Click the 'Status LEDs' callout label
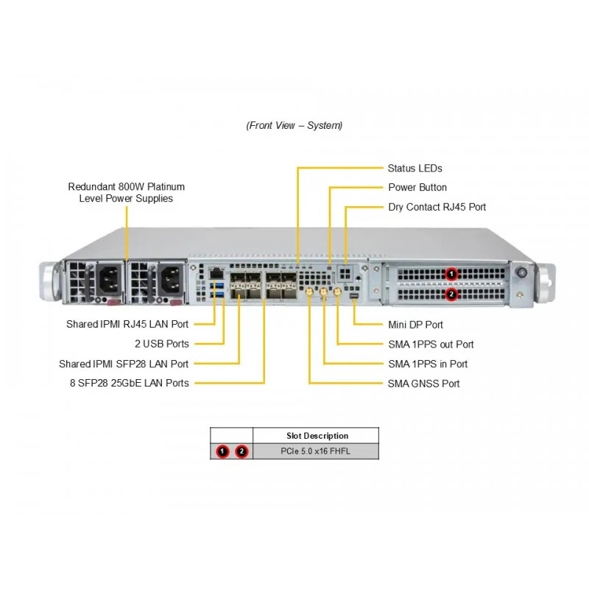(415, 169)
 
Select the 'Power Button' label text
(417, 187)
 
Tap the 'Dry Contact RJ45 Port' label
(437, 207)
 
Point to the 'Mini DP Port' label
(415, 325)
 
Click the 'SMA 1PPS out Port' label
(431, 344)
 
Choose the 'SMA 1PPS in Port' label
(428, 364)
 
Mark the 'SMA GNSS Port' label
(424, 384)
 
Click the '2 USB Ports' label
(162, 344)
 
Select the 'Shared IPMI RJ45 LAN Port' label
(127, 324)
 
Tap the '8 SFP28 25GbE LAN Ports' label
(130, 383)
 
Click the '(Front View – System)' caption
(294, 125)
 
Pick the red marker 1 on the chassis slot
(451, 274)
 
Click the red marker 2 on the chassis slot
(451, 294)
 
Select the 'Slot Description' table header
(317, 436)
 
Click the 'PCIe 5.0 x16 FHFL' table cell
(316, 451)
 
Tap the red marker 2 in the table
(241, 451)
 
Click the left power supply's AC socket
(110, 280)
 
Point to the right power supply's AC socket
(172, 280)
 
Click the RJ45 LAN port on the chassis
(216, 273)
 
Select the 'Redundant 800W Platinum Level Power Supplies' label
(126, 193)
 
